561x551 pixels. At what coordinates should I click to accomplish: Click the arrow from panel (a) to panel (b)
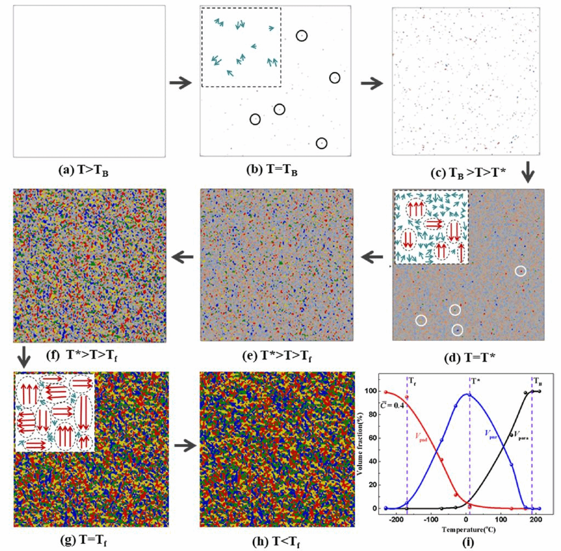point(180,83)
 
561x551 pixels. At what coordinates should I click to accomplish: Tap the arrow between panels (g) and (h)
point(185,446)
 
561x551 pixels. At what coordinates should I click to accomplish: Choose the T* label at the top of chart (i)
point(475,379)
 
